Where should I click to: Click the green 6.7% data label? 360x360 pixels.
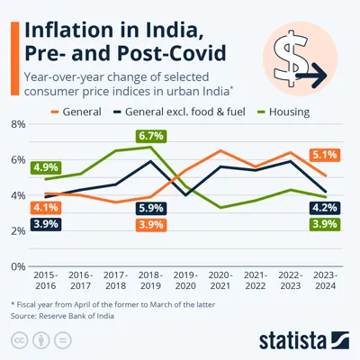tap(150, 136)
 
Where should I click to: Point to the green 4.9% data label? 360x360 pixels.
tap(45, 167)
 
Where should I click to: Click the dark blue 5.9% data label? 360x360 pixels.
tap(150, 208)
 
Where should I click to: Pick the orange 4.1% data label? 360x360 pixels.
tap(45, 208)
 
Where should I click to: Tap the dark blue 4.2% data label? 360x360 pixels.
tap(325, 208)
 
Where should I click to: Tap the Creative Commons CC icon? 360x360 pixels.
tap(20, 340)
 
